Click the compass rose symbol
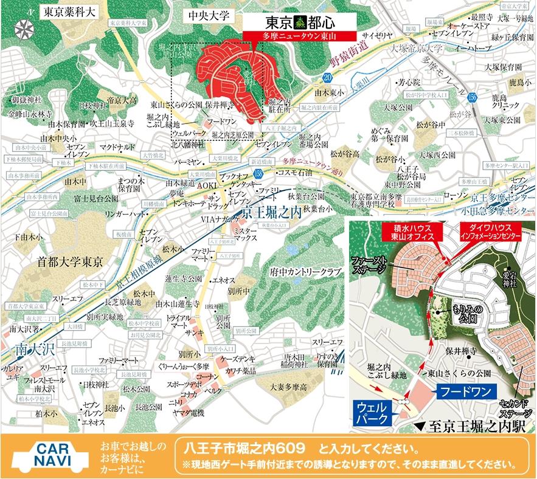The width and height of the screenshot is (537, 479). (23, 28)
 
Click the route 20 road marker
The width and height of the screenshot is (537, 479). (328, 77)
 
